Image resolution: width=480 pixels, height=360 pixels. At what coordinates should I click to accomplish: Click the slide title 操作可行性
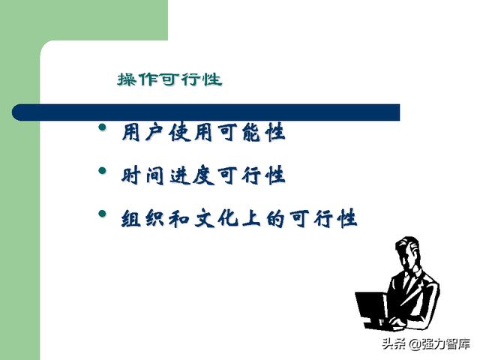click(x=169, y=79)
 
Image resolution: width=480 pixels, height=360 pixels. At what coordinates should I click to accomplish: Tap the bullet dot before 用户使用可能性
click(x=103, y=127)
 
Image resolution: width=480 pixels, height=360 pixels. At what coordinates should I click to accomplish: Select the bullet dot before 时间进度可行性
click(x=103, y=170)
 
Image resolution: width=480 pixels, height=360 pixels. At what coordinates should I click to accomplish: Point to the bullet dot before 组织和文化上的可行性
click(x=103, y=214)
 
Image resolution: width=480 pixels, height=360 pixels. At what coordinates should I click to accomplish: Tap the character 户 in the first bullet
click(x=154, y=132)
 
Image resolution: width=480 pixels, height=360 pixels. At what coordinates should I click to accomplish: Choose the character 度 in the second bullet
click(x=203, y=175)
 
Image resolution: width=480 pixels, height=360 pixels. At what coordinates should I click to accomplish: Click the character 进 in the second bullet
click(x=179, y=175)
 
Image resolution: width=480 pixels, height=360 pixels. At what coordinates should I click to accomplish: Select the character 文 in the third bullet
click(x=204, y=218)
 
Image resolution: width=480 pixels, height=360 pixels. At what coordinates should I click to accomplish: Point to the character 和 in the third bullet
click(x=179, y=218)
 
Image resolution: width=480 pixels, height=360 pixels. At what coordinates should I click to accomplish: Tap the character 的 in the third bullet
click(x=275, y=218)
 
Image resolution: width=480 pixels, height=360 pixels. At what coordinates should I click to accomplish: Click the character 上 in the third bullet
click(x=251, y=218)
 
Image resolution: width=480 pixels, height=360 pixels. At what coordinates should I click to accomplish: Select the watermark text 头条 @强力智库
click(x=426, y=344)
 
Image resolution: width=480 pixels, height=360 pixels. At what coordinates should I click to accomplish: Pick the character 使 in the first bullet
click(x=178, y=132)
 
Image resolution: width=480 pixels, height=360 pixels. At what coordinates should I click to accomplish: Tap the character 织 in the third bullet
click(x=155, y=218)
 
